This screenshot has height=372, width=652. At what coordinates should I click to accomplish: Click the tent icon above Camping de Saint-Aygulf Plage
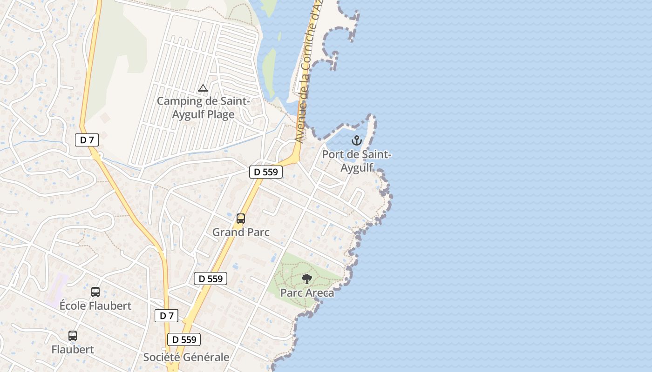203,88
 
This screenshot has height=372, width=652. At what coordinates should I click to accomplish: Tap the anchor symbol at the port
356,140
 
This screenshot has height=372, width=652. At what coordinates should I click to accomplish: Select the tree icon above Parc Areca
306,279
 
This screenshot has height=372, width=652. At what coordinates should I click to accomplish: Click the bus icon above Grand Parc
241,218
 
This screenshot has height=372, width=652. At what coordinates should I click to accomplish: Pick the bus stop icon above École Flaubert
95,292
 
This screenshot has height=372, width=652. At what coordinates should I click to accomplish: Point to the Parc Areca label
307,293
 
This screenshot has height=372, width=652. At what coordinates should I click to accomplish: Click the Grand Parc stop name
241,232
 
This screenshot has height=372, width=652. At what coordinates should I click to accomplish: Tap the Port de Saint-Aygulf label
357,161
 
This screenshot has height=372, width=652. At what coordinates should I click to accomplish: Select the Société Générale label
186,357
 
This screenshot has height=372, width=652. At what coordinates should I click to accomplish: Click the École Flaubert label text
95,306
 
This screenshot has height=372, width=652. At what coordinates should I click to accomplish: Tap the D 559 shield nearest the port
266,172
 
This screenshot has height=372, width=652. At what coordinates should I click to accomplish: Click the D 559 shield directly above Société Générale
184,339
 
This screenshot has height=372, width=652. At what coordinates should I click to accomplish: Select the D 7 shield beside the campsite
87,139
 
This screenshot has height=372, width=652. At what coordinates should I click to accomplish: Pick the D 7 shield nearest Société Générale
166,316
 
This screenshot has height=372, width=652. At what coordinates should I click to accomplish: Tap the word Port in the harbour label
332,154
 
